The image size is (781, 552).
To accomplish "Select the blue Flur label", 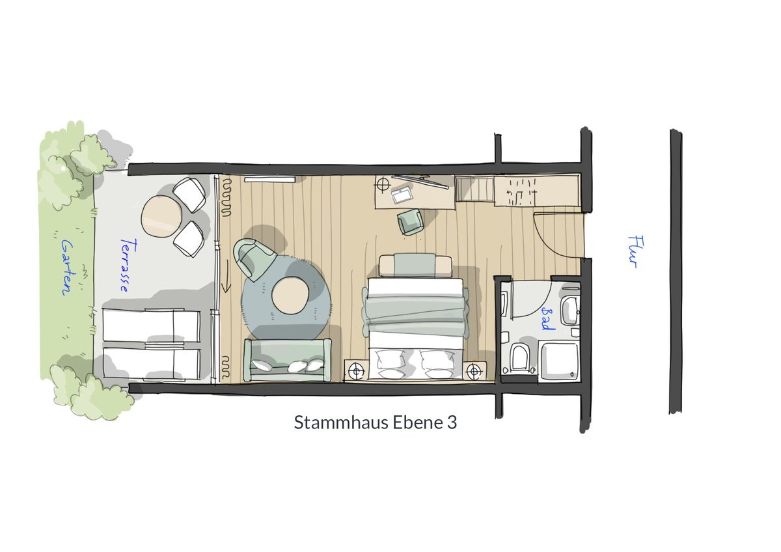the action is (x=635, y=252).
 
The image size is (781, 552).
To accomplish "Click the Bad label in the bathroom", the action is (x=547, y=319).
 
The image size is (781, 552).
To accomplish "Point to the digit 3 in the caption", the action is (x=452, y=422).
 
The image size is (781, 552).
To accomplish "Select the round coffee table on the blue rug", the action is (x=290, y=295).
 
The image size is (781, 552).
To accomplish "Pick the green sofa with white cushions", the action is (x=288, y=360).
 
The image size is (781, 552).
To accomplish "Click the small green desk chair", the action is (x=411, y=221).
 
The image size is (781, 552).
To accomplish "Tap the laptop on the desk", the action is (x=402, y=195).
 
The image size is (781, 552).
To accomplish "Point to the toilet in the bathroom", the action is (x=519, y=357).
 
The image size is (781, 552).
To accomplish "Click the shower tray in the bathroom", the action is (x=558, y=361).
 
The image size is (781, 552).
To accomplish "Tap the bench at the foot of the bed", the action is (x=415, y=266).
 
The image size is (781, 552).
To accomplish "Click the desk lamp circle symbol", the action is (x=383, y=184).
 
